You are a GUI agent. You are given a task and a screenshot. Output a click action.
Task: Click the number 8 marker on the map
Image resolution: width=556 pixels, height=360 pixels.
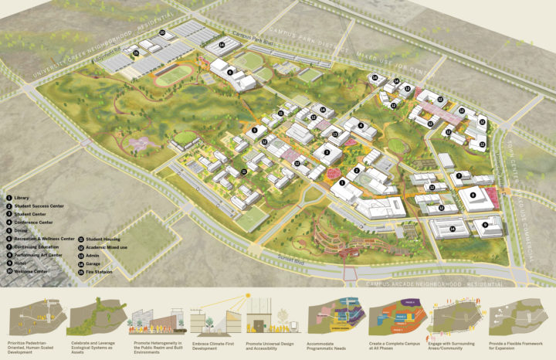tap(472, 197)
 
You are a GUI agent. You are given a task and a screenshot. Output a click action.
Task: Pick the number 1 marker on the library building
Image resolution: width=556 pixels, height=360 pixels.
tap(341, 183)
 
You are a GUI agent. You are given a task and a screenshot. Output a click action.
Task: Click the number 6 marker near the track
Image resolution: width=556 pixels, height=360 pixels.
tap(230, 72)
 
